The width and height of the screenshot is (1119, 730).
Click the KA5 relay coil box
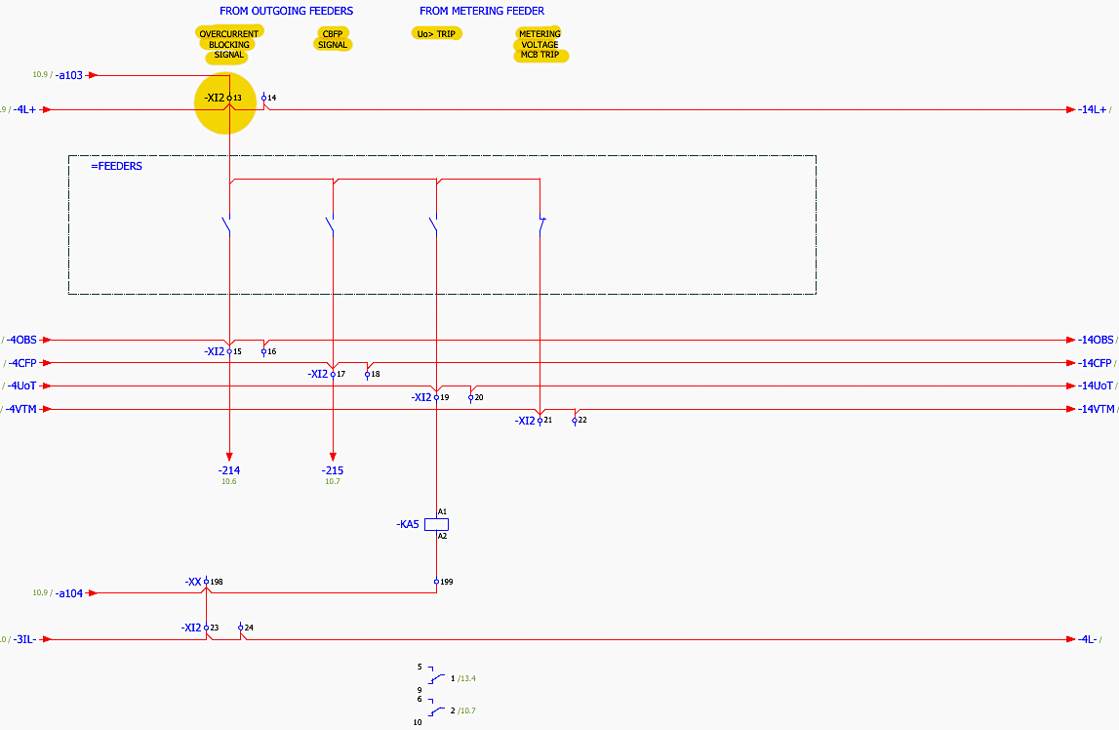tap(436, 524)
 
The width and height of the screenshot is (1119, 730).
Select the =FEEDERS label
tap(116, 166)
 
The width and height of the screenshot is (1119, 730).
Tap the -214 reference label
tap(229, 470)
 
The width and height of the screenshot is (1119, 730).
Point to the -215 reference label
tap(333, 470)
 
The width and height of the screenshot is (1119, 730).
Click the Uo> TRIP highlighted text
tap(436, 33)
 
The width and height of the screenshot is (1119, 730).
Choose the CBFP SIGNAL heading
tap(333, 39)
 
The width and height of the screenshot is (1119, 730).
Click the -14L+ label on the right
tap(1093, 110)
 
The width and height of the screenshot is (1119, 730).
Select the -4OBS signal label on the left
tap(21, 340)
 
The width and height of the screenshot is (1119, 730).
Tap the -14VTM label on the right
tap(1097, 409)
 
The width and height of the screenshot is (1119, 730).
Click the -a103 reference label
tap(69, 75)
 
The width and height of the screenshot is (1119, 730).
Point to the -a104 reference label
tap(69, 593)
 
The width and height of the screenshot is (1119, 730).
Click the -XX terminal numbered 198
tap(206, 582)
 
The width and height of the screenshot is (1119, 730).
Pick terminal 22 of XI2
tap(575, 421)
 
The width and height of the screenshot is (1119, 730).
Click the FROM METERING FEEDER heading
tap(482, 11)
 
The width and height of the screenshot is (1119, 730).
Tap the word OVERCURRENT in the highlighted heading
tap(229, 33)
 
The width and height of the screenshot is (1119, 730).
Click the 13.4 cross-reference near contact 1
tap(467, 678)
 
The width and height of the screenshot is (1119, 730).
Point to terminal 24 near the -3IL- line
tap(241, 628)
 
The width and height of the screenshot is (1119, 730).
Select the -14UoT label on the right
tap(1096, 385)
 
